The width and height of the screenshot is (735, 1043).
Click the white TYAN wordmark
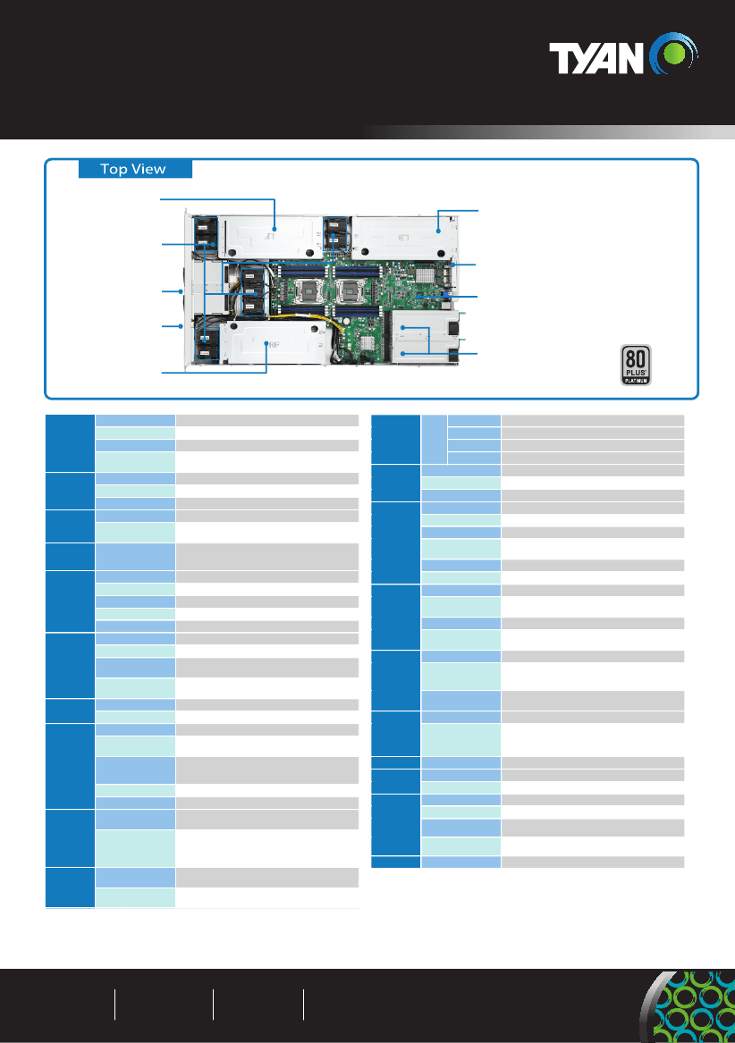596,58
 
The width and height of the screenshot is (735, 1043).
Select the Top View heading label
133,169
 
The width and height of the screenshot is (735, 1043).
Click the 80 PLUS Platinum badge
636,366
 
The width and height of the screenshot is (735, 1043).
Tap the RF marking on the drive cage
273,345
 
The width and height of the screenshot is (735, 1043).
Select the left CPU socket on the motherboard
308,290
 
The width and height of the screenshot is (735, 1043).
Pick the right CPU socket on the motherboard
349,290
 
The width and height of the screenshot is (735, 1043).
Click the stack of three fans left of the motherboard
252,291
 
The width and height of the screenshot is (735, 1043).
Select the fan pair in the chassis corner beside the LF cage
206,235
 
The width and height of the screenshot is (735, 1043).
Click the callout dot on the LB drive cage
438,231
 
